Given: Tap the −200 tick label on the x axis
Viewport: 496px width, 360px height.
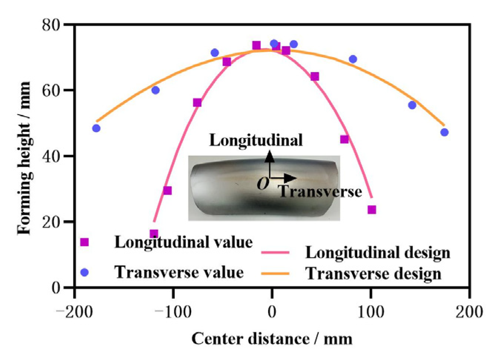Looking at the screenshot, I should [74, 312].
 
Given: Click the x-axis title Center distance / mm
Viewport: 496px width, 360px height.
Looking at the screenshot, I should [272, 339].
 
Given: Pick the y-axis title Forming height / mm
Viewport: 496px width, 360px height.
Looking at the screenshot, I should [24, 158].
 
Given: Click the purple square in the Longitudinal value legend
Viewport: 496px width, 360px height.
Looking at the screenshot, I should [85, 242].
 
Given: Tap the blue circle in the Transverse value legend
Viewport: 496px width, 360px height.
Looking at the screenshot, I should [85, 273].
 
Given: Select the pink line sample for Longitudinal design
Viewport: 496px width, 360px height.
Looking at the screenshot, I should [275, 252].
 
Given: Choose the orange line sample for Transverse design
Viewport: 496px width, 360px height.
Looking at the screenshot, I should [275, 274].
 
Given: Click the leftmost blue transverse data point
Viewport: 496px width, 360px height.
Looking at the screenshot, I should [96, 128].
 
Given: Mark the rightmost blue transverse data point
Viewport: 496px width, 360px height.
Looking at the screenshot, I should [444, 132].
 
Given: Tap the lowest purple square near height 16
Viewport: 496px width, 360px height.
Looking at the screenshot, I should [154, 234].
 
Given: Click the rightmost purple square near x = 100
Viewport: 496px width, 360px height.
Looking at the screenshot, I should [372, 210].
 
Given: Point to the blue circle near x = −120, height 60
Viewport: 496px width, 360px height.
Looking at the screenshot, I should [155, 90].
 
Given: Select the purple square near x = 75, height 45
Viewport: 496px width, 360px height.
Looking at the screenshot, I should [344, 139].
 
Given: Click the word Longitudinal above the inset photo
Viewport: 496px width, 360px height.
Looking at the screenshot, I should [256, 141].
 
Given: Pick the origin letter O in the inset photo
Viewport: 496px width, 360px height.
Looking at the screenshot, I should [263, 183].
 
